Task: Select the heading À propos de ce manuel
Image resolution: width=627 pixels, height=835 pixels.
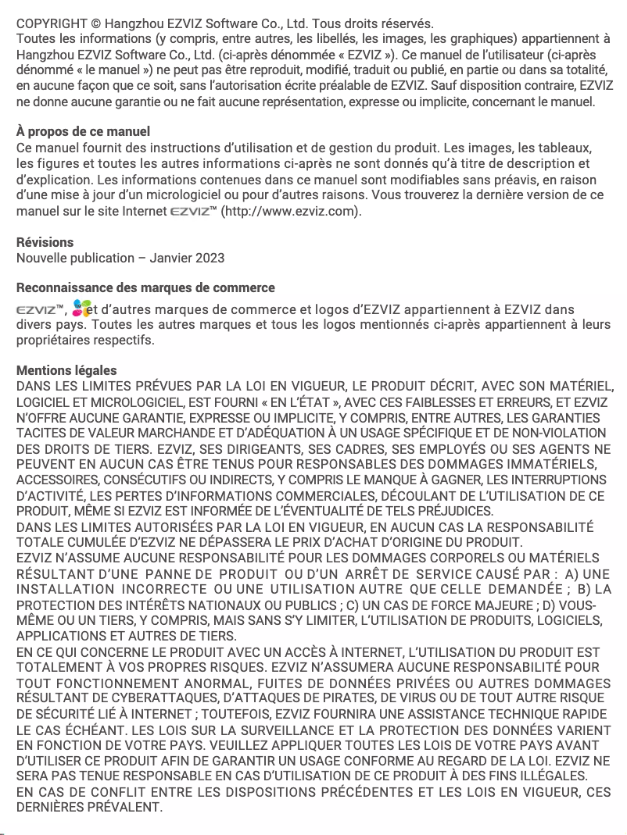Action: pos(83,131)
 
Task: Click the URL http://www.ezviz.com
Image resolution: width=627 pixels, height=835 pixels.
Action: pos(291,211)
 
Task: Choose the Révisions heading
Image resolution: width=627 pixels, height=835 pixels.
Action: pos(45,242)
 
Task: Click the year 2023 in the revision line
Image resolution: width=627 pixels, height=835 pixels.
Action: pos(209,258)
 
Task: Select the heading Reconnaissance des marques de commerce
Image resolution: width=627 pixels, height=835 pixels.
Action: pos(145,288)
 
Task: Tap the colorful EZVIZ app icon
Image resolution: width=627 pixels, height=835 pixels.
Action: pos(81,309)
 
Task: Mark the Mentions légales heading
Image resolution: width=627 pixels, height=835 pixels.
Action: pos(66,370)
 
